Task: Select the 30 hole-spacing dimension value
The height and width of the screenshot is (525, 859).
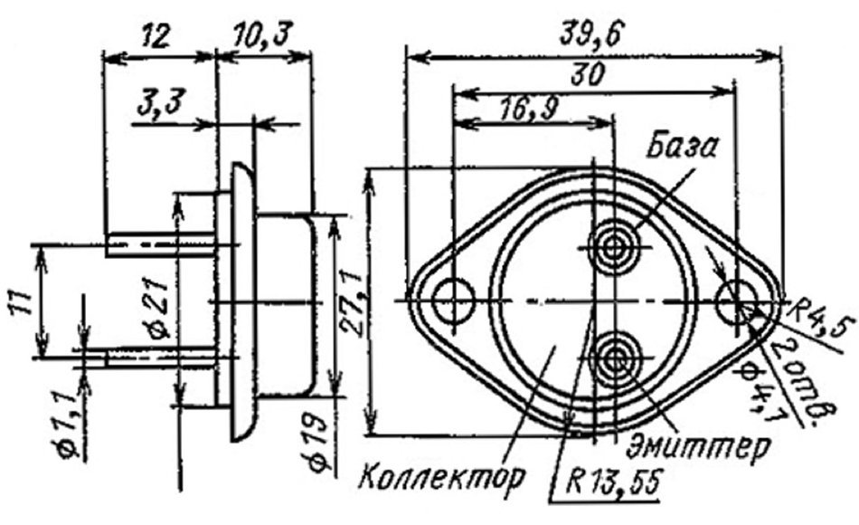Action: click(x=587, y=74)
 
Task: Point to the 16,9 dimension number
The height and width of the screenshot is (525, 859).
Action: click(x=528, y=110)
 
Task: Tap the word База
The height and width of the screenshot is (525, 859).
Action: click(x=682, y=146)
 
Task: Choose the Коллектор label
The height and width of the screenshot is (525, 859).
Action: click(x=442, y=475)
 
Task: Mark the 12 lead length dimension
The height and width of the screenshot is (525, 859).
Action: click(x=156, y=37)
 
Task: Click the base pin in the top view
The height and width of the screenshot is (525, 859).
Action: click(x=614, y=248)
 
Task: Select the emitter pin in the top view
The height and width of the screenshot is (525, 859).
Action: click(x=615, y=358)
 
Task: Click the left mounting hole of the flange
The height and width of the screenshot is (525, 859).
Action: click(x=453, y=301)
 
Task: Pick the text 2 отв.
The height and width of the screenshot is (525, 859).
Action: click(x=804, y=382)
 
